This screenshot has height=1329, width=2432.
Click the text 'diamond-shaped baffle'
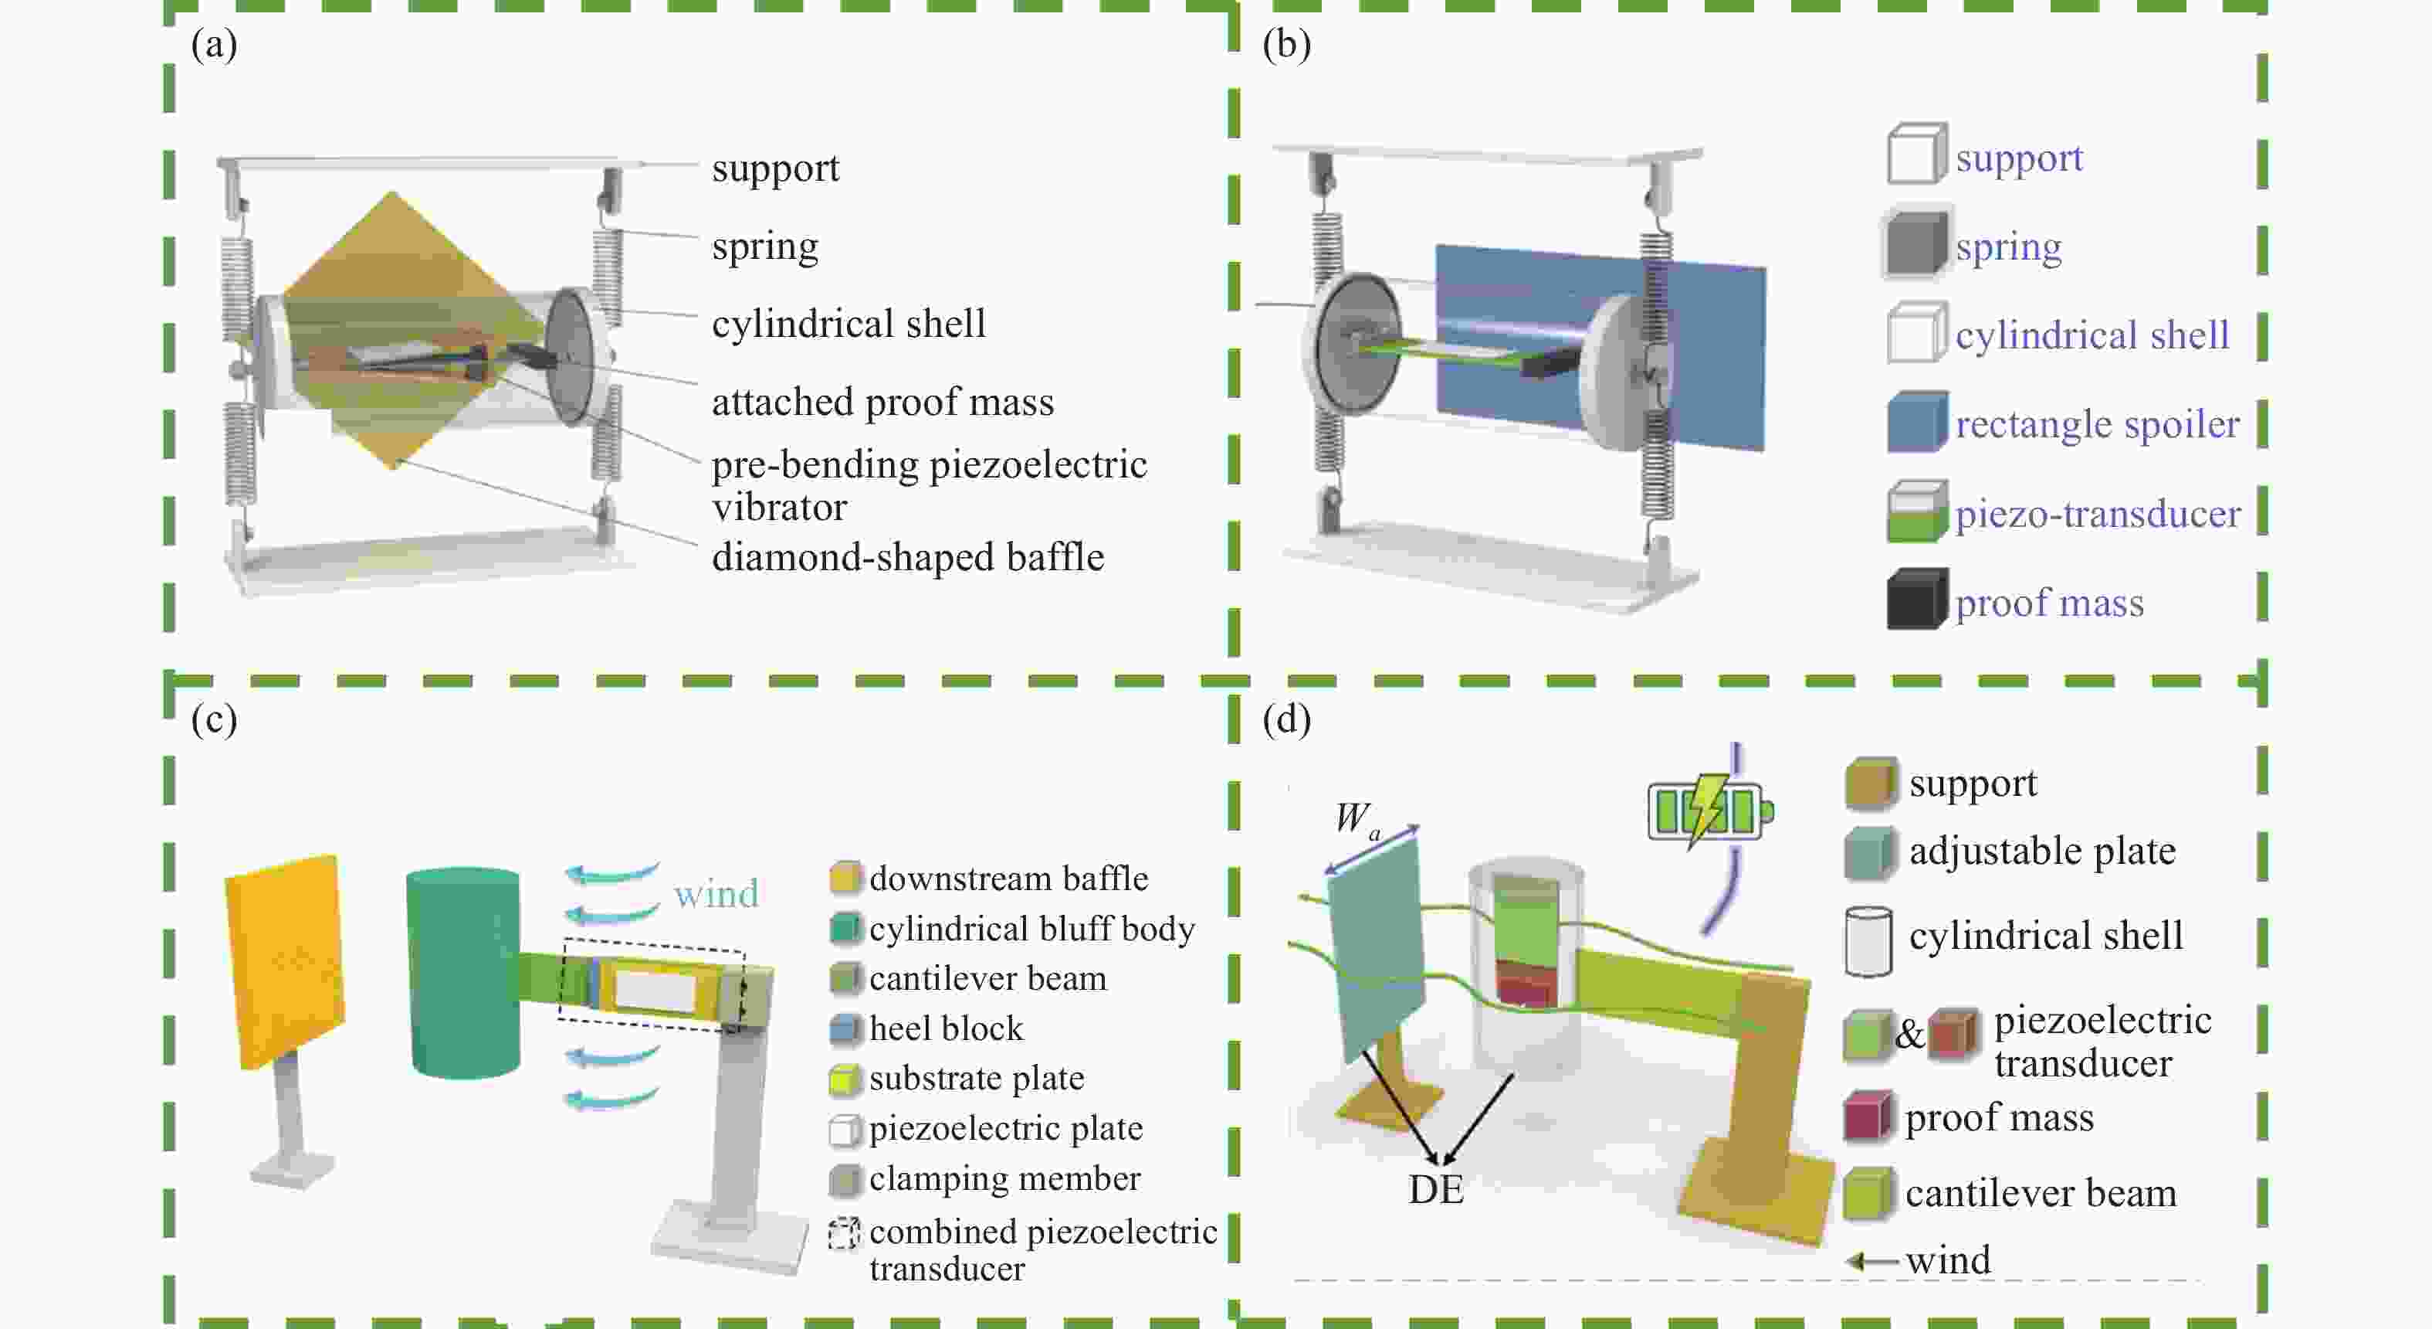point(907,556)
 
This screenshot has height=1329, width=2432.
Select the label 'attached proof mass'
point(882,403)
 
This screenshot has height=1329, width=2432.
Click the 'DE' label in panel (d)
point(1435,1189)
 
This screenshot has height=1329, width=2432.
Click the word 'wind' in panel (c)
point(716,893)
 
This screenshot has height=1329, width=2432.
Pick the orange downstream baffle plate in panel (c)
point(285,960)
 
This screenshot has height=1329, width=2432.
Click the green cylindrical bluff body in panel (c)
point(463,973)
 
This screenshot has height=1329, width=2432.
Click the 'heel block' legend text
point(946,1028)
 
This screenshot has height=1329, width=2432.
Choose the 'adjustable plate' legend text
point(2042,851)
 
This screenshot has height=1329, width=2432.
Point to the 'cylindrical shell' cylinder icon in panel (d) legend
point(1868,941)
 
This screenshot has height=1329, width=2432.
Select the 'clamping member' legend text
point(1004,1178)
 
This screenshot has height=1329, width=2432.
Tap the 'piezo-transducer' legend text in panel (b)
point(2098,513)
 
